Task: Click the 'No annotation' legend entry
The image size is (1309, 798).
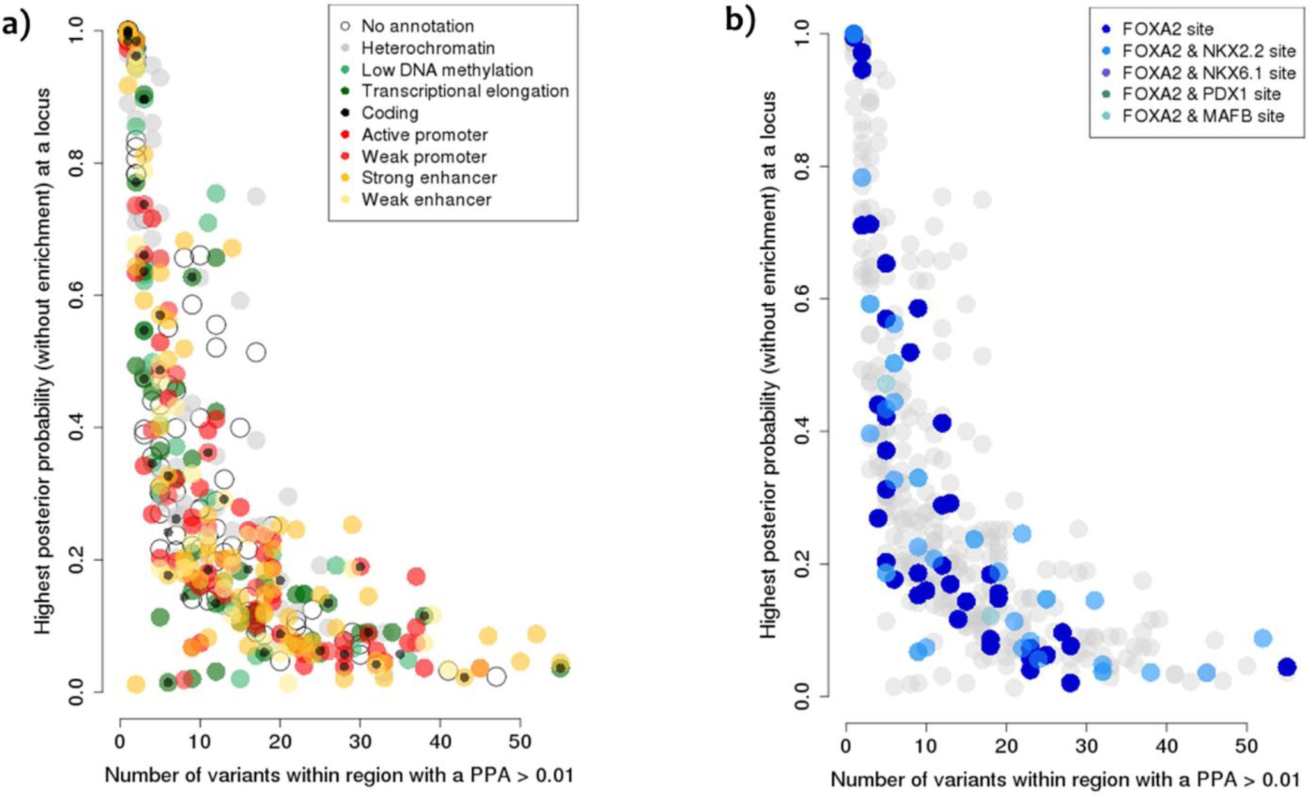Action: pyautogui.click(x=417, y=26)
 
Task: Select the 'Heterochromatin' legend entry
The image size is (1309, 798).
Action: pyautogui.click(x=427, y=48)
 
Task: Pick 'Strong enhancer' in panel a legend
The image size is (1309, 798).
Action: pyautogui.click(x=429, y=178)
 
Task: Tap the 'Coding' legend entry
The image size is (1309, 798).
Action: pyautogui.click(x=390, y=113)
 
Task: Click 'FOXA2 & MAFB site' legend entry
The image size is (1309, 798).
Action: pyautogui.click(x=1202, y=116)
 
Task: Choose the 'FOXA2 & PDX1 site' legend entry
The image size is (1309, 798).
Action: pyautogui.click(x=1201, y=94)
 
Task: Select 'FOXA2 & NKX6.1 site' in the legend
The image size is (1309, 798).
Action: pyautogui.click(x=1208, y=73)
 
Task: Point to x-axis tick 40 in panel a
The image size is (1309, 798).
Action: pyautogui.click(x=440, y=742)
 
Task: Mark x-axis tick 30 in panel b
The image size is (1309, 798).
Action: pyautogui.click(x=1087, y=747)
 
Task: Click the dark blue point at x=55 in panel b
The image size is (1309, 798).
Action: pyautogui.click(x=1286, y=667)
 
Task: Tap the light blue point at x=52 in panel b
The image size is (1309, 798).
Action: pyautogui.click(x=1262, y=638)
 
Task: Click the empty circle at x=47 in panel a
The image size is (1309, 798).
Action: pyautogui.click(x=496, y=677)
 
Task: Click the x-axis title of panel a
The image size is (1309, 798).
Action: pyautogui.click(x=339, y=775)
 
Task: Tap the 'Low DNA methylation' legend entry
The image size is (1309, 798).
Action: pyautogui.click(x=446, y=70)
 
